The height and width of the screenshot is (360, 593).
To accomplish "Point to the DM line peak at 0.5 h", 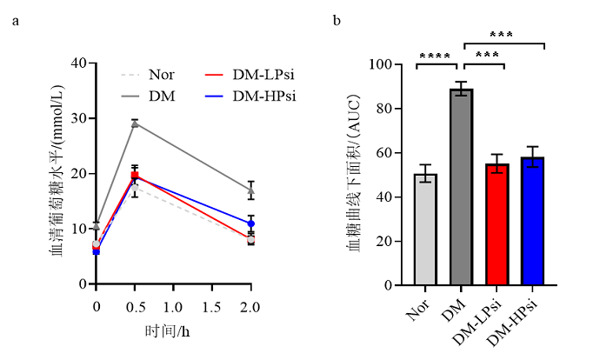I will pyautogui.click(x=135, y=123).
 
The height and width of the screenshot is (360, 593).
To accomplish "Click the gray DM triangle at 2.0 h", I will pyautogui.click(x=250, y=190).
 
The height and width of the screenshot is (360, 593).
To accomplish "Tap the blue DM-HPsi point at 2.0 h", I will pyautogui.click(x=250, y=223).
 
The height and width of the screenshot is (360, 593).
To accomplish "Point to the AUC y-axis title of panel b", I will pyautogui.click(x=355, y=174).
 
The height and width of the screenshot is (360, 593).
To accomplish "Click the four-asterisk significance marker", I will pyautogui.click(x=435, y=57).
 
